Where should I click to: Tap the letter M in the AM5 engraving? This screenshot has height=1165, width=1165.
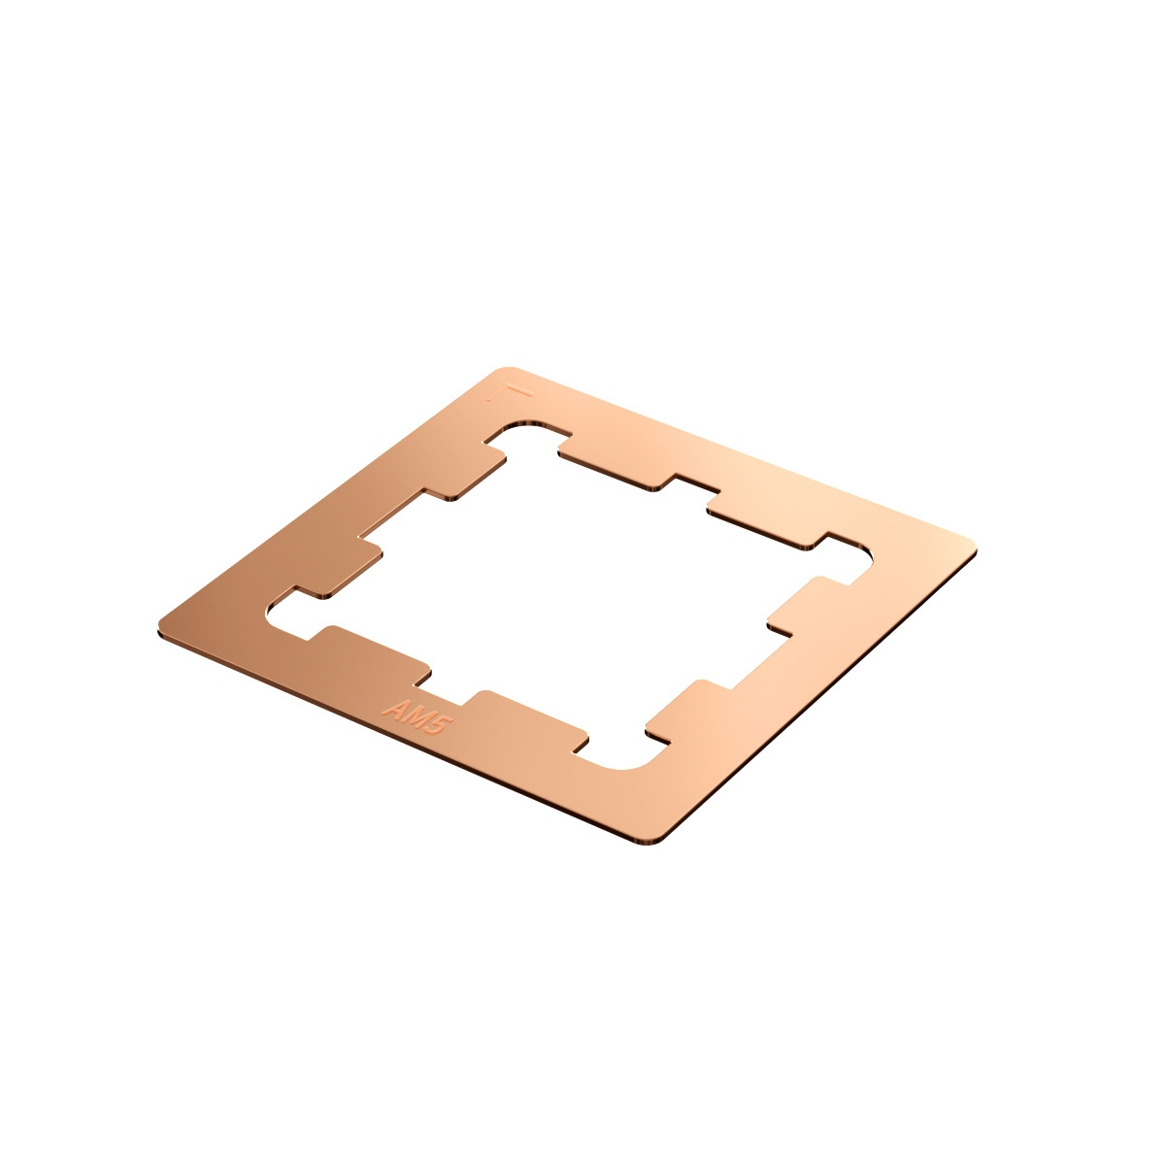coord(415,715)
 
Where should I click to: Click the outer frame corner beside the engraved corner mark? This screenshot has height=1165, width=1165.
coord(506,372)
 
